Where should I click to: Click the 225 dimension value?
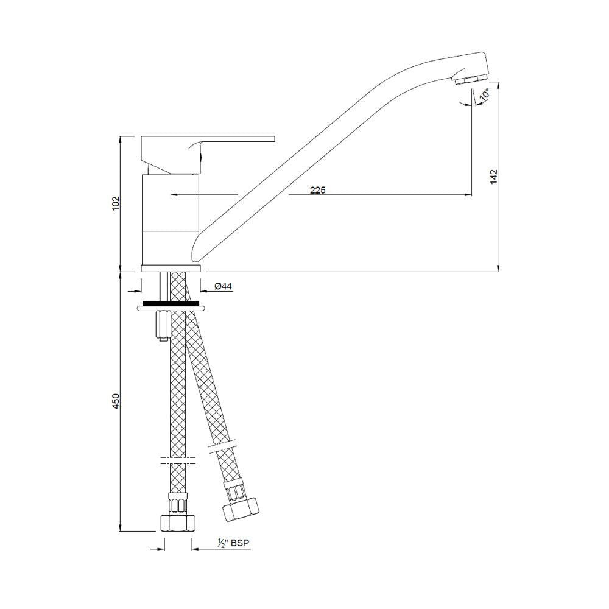[x=318, y=190]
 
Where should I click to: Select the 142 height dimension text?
[x=494, y=175]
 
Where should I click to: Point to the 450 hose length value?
[x=116, y=400]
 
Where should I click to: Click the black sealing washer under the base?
[x=170, y=303]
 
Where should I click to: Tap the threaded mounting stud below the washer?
[x=161, y=325]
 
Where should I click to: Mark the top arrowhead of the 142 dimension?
[x=499, y=85]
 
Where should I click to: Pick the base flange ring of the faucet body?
[x=170, y=268]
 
